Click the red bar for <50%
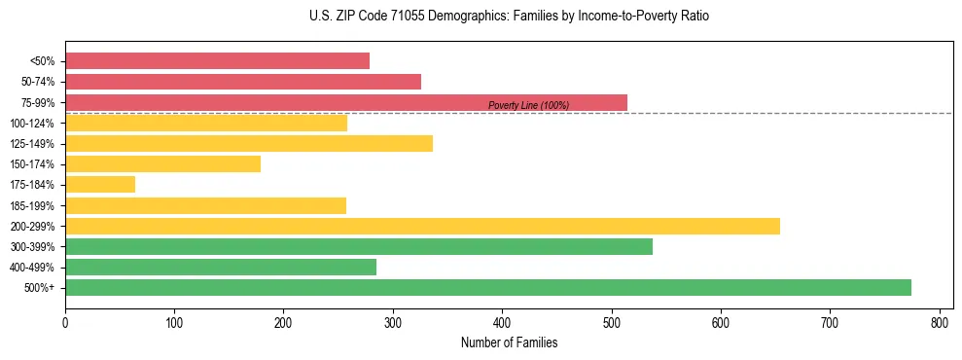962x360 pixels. click(217, 61)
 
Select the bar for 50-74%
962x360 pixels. click(243, 82)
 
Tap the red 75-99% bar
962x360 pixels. click(345, 102)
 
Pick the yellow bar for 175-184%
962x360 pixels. click(100, 185)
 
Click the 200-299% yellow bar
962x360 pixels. click(422, 226)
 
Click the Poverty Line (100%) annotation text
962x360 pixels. click(528, 105)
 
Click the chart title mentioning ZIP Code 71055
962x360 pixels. click(481, 17)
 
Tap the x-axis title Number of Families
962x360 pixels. click(509, 342)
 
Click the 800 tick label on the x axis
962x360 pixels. click(939, 323)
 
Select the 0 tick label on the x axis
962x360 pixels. click(65, 323)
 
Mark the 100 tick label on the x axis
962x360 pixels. click(174, 323)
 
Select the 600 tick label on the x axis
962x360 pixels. click(721, 323)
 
